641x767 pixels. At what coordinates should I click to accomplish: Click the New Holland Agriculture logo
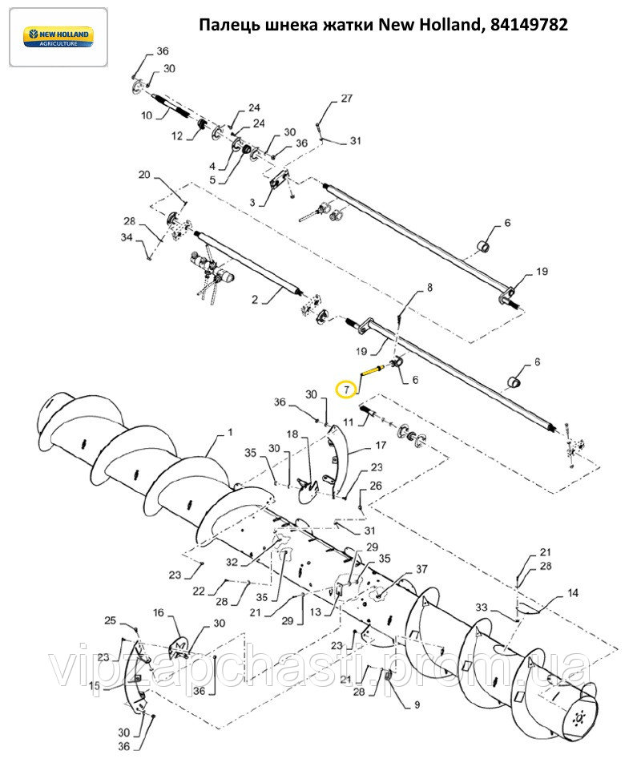pos(58,37)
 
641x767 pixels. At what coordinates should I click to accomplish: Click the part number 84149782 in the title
pos(529,24)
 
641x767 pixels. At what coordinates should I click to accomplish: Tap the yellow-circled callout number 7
pos(347,390)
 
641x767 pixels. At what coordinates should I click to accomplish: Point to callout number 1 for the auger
pos(230,433)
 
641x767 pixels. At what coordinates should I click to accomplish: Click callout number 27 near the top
pos(346,99)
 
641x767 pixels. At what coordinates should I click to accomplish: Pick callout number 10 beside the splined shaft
pos(147,115)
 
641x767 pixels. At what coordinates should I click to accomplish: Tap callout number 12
pos(177,136)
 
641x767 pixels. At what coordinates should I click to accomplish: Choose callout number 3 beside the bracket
pos(252,202)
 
